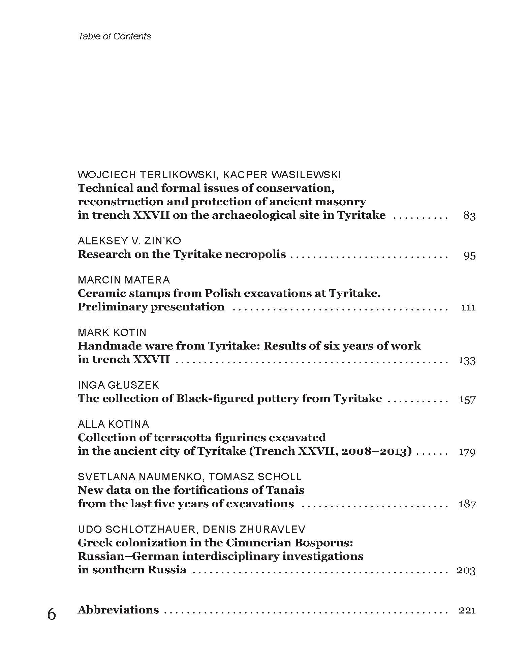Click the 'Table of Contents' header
pyautogui.click(x=115, y=36)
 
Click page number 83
pyautogui.click(x=469, y=216)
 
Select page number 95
pyautogui.click(x=469, y=255)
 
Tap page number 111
pyautogui.click(x=468, y=307)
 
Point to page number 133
pyautogui.click(x=467, y=360)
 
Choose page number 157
pyautogui.click(x=467, y=399)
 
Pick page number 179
pyautogui.click(x=467, y=452)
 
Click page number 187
pyautogui.click(x=467, y=504)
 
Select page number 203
pyautogui.click(x=466, y=570)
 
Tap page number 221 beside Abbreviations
pyautogui.click(x=467, y=610)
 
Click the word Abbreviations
pyautogui.click(x=118, y=610)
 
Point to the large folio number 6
pyautogui.click(x=52, y=614)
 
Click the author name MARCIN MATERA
pyautogui.click(x=124, y=280)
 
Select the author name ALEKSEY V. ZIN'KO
pyautogui.click(x=129, y=241)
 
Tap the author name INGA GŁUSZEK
pyautogui.click(x=118, y=385)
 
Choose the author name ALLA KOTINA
pyautogui.click(x=113, y=424)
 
